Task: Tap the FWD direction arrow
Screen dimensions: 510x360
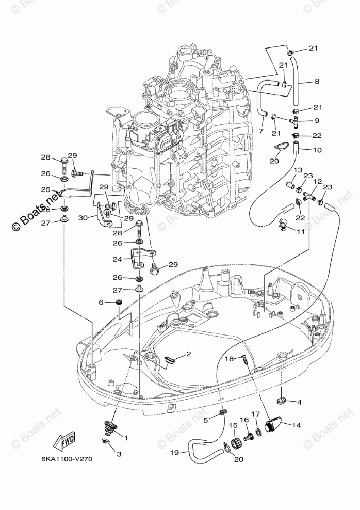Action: (65, 441)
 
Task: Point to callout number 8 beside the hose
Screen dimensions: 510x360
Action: (317, 81)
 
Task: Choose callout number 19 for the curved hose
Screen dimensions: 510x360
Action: (175, 453)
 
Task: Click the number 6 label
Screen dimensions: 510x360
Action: (102, 302)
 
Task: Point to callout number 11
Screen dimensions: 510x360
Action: (300, 232)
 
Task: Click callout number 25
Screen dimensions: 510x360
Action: (46, 189)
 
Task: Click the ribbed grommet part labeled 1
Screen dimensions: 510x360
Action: (108, 426)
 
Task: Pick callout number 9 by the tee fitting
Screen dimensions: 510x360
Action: (317, 121)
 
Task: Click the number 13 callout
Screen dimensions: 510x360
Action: (298, 170)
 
